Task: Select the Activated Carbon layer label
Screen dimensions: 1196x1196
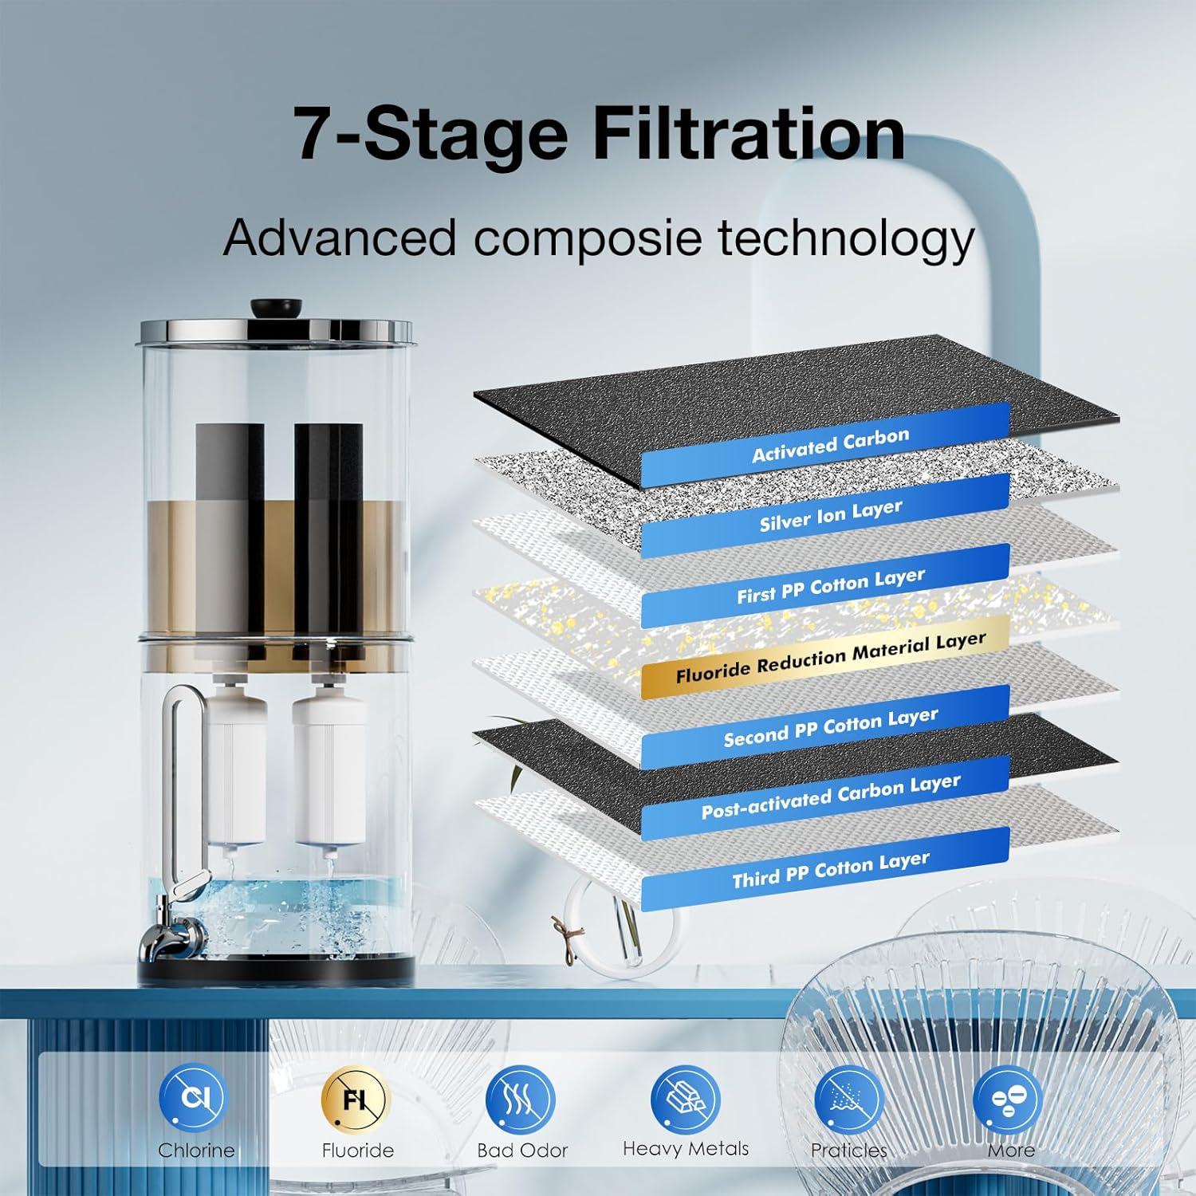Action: (829, 445)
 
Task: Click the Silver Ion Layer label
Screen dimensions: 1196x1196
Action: (830, 515)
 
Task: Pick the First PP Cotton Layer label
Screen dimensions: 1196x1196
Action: (830, 585)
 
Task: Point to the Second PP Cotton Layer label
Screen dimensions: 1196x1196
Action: (830, 726)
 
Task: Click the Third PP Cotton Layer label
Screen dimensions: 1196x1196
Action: (830, 868)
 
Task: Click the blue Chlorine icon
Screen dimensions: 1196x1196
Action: (193, 1097)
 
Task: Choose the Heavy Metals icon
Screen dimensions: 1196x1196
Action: (685, 1097)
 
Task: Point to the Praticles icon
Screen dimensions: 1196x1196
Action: (848, 1097)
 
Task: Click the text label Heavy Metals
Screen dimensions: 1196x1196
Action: (685, 1149)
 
